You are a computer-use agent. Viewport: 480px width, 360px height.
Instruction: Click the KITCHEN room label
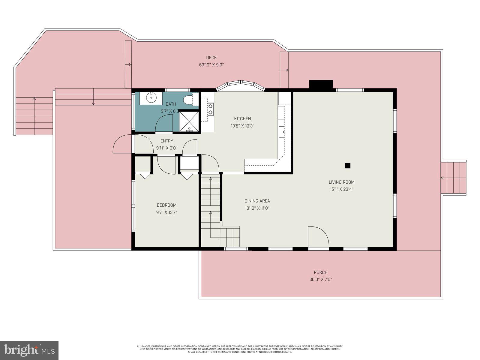pyautogui.click(x=242, y=119)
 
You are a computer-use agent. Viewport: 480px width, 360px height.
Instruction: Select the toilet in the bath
pyautogui.click(x=188, y=100)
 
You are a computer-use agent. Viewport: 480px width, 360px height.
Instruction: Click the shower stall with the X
pyautogui.click(x=189, y=121)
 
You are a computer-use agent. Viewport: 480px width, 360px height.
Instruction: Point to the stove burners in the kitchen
pyautogui.click(x=211, y=109)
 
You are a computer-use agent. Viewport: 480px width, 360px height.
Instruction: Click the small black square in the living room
pyautogui.click(x=348, y=165)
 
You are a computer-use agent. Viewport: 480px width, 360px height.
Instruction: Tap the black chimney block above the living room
pyautogui.click(x=321, y=84)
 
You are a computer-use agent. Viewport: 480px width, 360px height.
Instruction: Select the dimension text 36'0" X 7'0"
pyautogui.click(x=320, y=280)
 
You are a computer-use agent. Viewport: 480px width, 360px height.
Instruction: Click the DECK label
pyautogui.click(x=211, y=58)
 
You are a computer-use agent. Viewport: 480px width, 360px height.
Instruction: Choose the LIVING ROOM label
pyautogui.click(x=341, y=182)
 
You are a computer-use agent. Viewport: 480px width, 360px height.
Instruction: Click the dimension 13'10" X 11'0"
pyautogui.click(x=257, y=208)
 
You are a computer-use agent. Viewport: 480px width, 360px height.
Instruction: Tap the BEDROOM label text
pyautogui.click(x=166, y=205)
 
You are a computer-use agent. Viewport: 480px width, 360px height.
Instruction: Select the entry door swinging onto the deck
pyautogui.click(x=122, y=145)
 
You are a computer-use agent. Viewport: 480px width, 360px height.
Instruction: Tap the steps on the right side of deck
pyautogui.click(x=453, y=178)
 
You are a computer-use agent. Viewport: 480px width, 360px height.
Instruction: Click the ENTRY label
pyautogui.click(x=166, y=141)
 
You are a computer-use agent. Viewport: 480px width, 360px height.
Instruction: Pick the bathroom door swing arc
pyautogui.click(x=164, y=124)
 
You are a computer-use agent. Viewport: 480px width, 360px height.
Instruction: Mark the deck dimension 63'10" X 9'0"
pyautogui.click(x=211, y=65)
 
